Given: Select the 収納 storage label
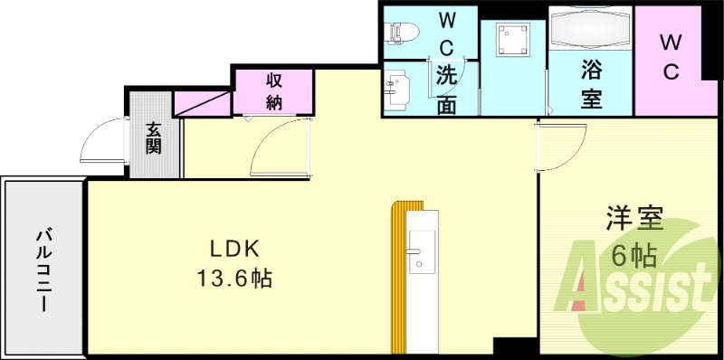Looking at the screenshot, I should tap(275, 90).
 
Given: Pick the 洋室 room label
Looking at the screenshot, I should tap(634, 219).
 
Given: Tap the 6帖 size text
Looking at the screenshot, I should tap(633, 256).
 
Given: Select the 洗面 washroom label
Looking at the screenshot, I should tap(446, 90).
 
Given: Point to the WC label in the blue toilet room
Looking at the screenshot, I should tap(447, 33).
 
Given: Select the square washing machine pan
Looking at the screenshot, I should tap(512, 40).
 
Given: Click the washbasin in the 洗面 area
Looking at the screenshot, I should tap(396, 89).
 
